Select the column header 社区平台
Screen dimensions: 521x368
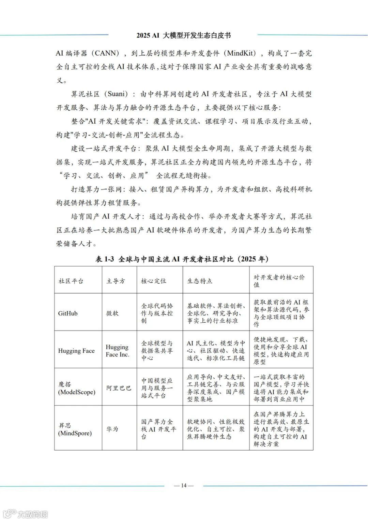coord(71,281)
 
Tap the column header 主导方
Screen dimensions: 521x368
coord(116,281)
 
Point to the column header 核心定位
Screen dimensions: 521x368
coord(154,281)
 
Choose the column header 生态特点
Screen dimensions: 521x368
coord(200,281)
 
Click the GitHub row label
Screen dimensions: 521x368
coord(68,313)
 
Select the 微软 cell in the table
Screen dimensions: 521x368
coord(112,313)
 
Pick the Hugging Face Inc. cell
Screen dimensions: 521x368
coord(117,351)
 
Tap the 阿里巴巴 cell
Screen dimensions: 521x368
coord(119,388)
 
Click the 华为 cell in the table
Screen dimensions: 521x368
coord(112,429)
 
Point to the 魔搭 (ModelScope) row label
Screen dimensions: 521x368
coord(76,388)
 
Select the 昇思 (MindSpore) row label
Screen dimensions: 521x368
coord(75,429)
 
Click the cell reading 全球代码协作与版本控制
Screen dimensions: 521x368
coord(157,313)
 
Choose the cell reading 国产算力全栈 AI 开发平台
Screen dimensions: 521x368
coord(158,429)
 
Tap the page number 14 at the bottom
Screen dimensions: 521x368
coord(184,485)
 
